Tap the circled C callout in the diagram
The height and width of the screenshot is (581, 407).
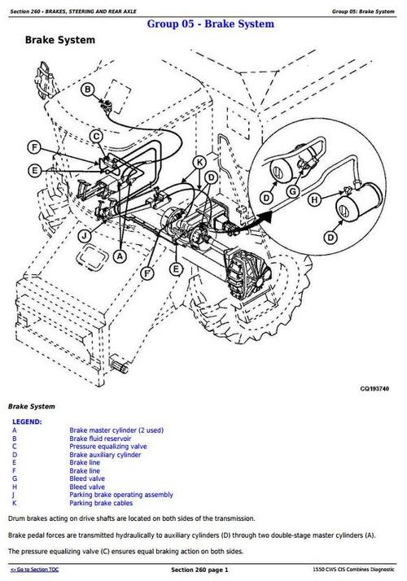point(96,136)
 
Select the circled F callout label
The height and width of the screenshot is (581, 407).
point(33,148)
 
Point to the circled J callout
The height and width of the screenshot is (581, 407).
point(84,236)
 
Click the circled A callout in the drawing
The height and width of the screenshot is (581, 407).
point(120,256)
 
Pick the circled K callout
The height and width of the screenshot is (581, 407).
point(199,163)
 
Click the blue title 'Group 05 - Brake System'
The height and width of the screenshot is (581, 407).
point(210,24)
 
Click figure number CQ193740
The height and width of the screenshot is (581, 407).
point(375,389)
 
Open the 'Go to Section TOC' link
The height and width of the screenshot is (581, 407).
point(35,570)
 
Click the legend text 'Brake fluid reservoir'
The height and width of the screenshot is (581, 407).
point(101,439)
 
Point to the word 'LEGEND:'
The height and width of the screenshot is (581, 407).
point(28,422)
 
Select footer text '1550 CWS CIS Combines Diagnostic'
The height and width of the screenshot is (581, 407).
point(357,570)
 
